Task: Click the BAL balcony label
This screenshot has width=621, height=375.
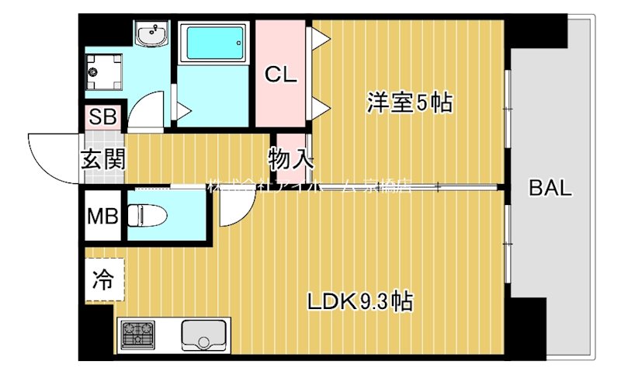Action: [x=550, y=188]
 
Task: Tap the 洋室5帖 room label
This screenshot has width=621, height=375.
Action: [x=410, y=102]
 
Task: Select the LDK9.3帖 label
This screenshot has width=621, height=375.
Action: [x=358, y=300]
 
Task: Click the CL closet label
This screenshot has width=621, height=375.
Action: [x=281, y=75]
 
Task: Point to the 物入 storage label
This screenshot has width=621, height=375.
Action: [x=292, y=159]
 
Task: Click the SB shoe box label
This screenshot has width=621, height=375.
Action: [x=102, y=118]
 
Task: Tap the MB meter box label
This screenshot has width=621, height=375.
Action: [x=102, y=215]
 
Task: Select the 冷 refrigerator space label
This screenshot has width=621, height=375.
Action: [x=102, y=279]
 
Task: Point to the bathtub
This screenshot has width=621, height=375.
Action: [x=213, y=43]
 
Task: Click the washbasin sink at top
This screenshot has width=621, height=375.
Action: [x=152, y=34]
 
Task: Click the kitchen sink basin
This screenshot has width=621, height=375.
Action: [x=203, y=335]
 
